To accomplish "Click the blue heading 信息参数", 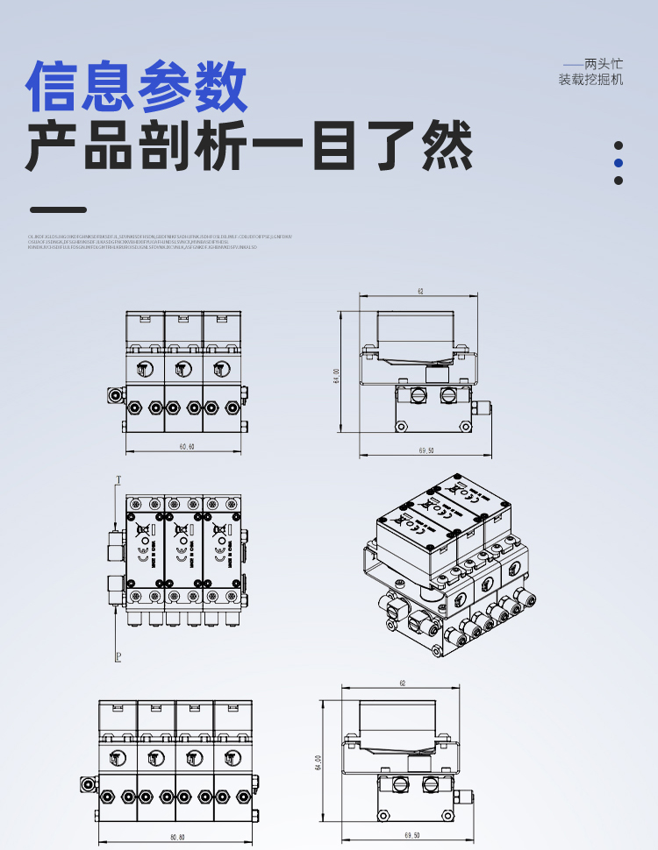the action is (137, 86).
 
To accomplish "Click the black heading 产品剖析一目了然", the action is (249, 145).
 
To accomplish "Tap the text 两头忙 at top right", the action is (603, 64).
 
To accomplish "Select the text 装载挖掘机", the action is (590, 80).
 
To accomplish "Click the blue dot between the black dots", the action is (618, 163).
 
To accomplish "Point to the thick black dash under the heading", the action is (58, 209).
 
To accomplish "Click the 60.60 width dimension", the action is (187, 447).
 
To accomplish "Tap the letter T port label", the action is (118, 479).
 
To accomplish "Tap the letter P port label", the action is (118, 655).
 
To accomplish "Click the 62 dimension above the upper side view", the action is (420, 290).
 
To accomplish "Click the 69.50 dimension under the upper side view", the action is (427, 450).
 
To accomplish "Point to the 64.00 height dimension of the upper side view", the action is (336, 375).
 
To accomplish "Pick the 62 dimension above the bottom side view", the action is (403, 683).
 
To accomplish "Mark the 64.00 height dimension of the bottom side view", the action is (318, 761).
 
